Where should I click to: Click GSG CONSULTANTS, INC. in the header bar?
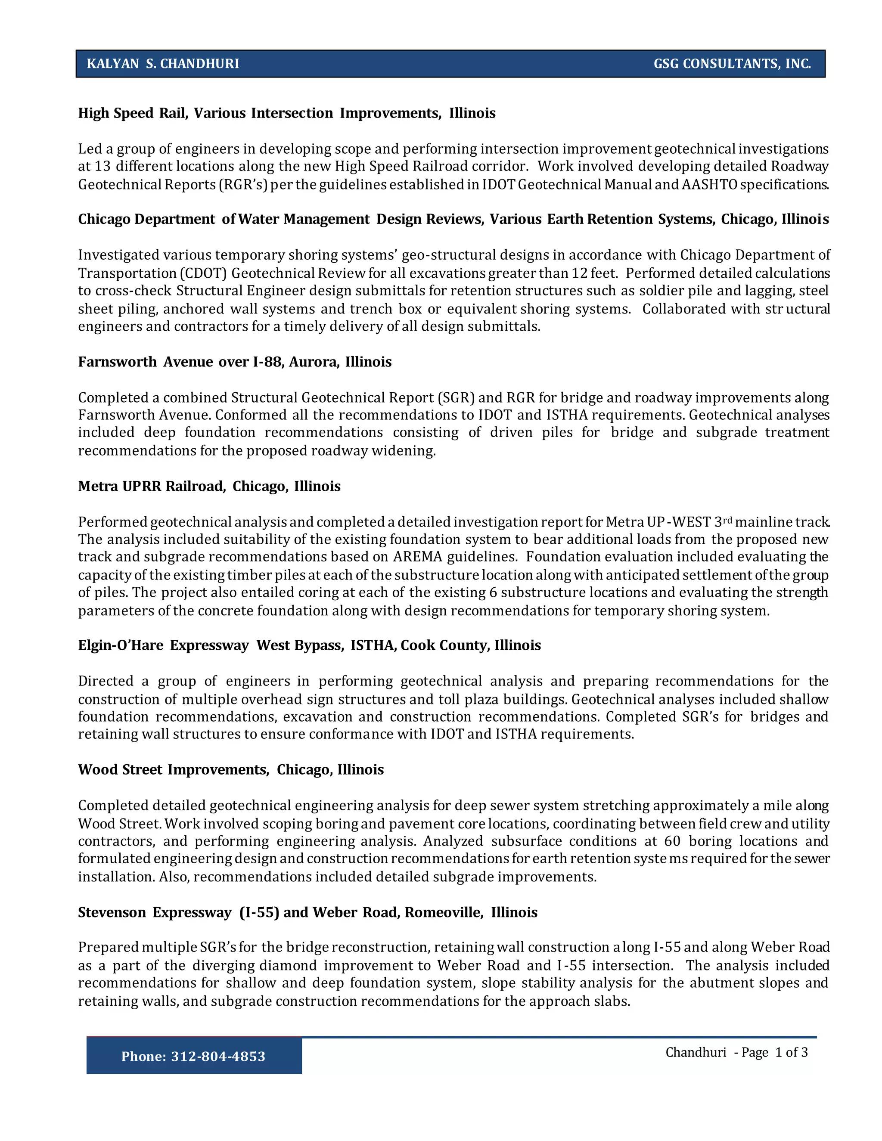732,64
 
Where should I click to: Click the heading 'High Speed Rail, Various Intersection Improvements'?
286,113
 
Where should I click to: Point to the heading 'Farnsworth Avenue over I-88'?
235,362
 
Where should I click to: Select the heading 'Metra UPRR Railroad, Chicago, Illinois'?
209,487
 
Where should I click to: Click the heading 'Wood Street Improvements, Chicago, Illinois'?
230,769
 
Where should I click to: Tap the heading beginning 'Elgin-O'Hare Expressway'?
309,645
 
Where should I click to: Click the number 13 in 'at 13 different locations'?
101,167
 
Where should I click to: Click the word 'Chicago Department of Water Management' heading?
224,220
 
